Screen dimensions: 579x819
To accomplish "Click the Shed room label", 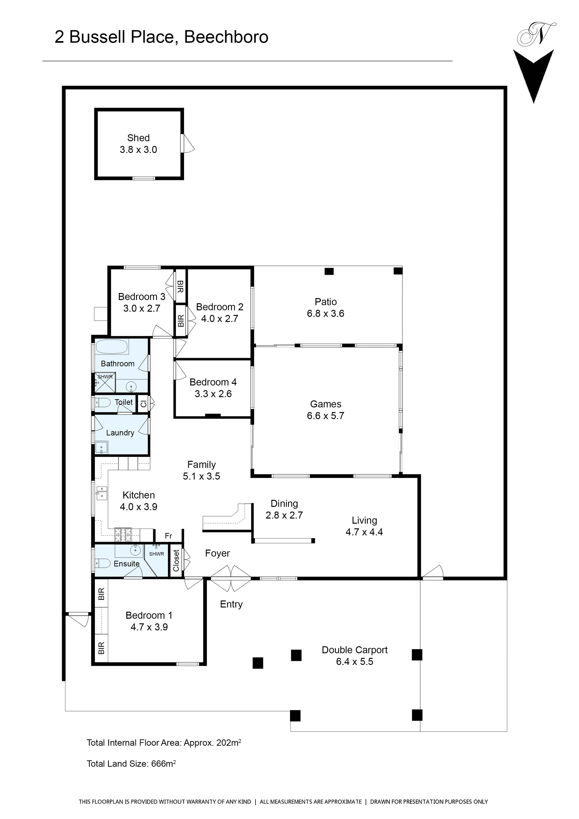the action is coord(138,138).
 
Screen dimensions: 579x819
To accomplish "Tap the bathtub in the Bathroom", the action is coord(112,347).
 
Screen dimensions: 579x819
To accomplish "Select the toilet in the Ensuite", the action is coord(103,563).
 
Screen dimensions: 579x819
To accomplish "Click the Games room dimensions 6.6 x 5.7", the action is coord(325,416).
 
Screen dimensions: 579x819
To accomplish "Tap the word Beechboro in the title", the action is coord(226,37).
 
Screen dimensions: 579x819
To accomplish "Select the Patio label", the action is coord(326,302).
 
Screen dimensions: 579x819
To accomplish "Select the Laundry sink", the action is coord(101,447).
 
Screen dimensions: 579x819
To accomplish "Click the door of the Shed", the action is coord(187,143).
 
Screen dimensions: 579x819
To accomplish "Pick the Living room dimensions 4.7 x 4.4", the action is coord(364,532).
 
